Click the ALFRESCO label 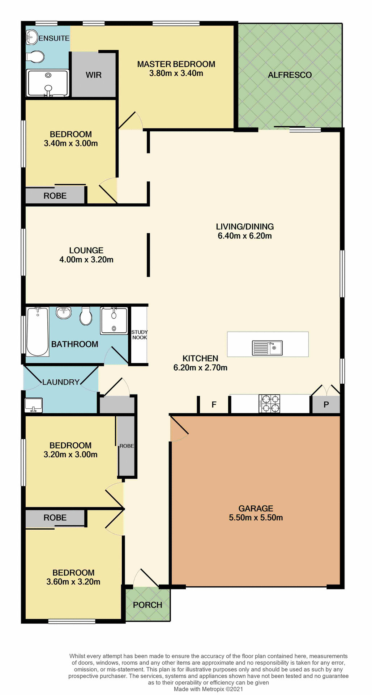(290, 75)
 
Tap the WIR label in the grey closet (94, 75)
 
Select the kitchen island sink (267, 348)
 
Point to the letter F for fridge (214, 405)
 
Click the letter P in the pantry (326, 405)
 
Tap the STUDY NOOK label (140, 335)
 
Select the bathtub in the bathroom (38, 331)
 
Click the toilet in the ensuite (35, 57)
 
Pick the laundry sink (34, 405)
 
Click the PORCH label (147, 605)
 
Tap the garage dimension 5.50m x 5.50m (256, 518)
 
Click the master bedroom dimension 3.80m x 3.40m (176, 73)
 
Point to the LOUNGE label (86, 250)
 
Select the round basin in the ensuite (32, 36)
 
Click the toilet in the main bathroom (86, 316)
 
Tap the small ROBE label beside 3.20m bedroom (127, 446)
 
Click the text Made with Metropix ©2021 (208, 689)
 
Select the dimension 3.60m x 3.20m (73, 582)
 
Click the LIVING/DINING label (245, 227)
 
